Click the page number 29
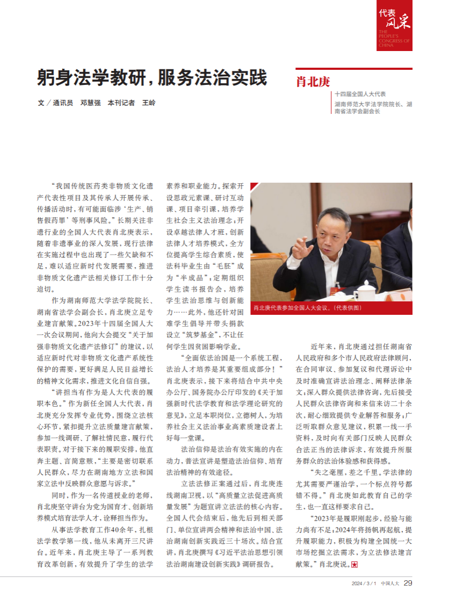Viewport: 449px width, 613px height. click(408, 583)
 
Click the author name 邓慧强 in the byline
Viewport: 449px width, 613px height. click(91, 103)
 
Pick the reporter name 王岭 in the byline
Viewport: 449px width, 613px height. click(149, 103)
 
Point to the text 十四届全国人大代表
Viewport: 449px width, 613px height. click(360, 93)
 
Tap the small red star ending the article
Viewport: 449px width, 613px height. click(354, 565)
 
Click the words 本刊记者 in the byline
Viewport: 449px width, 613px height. click(121, 103)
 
